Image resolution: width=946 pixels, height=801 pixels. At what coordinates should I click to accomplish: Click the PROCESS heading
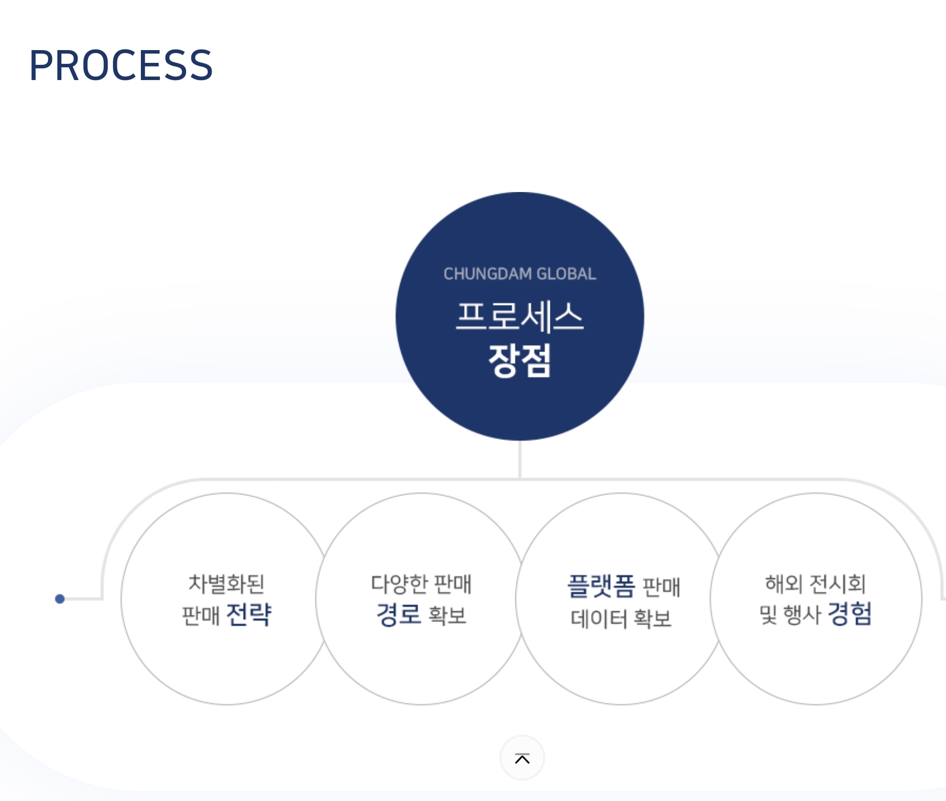click(121, 65)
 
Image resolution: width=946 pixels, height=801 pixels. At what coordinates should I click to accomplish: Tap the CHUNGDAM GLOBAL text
click(519, 274)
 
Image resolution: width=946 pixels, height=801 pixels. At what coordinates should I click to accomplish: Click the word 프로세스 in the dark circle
click(519, 317)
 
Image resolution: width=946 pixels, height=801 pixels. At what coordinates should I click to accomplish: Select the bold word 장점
click(519, 360)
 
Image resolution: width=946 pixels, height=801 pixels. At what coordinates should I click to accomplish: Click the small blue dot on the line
click(60, 599)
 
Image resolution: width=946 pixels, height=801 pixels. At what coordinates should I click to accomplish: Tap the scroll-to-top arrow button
click(522, 758)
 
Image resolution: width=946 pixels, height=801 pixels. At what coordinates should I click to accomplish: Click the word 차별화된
click(226, 583)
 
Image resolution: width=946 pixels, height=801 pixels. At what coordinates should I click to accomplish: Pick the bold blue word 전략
click(249, 614)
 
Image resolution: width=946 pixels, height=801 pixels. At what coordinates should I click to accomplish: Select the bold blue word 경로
click(398, 614)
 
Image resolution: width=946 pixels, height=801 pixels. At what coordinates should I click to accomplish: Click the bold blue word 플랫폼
click(601, 586)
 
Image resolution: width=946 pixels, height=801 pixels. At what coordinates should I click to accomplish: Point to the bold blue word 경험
click(849, 614)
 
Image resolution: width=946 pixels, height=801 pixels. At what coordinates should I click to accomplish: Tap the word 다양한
click(399, 584)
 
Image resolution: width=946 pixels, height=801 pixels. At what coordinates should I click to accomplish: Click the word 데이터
click(598, 618)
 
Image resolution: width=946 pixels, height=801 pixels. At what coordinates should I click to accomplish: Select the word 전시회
click(837, 584)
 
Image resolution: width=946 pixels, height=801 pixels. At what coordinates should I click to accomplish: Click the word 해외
click(784, 584)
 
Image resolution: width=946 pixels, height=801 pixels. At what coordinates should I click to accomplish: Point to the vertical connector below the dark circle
click(519, 459)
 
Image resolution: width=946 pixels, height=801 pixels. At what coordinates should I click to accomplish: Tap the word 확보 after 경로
click(447, 615)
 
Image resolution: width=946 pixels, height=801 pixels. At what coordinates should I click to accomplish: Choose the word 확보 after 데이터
click(652, 618)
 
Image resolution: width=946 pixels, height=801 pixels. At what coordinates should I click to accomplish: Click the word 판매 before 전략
click(200, 615)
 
